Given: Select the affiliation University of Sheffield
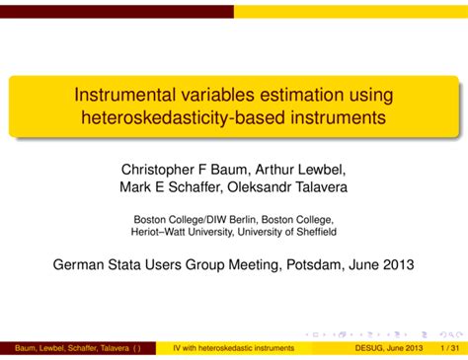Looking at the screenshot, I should tap(291, 232).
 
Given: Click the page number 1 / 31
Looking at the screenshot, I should tap(450, 349).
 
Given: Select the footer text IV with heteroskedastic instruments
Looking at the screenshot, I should tap(233, 349).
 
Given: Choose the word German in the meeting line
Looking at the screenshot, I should tap(77, 264).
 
